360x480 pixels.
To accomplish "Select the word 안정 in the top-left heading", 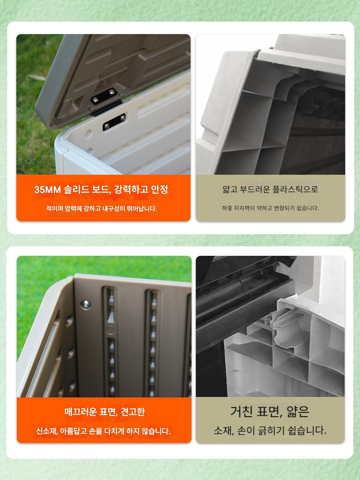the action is pyautogui.click(x=159, y=190).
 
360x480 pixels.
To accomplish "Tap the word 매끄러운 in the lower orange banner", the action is pyautogui.click(x=80, y=412).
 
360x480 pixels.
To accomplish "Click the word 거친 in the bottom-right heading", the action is pyautogui.click(x=241, y=411).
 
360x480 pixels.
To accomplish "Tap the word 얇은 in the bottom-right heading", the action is pyautogui.click(x=298, y=411).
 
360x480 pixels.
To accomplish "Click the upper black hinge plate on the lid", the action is pyautogui.click(x=104, y=96).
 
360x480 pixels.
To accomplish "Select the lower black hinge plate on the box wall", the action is pyautogui.click(x=114, y=121).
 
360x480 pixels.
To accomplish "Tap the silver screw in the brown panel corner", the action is pyautogui.click(x=85, y=305).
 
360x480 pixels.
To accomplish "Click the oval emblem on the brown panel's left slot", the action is pyautogui.click(x=110, y=330).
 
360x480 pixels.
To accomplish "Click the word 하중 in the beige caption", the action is pyautogui.click(x=227, y=208).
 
